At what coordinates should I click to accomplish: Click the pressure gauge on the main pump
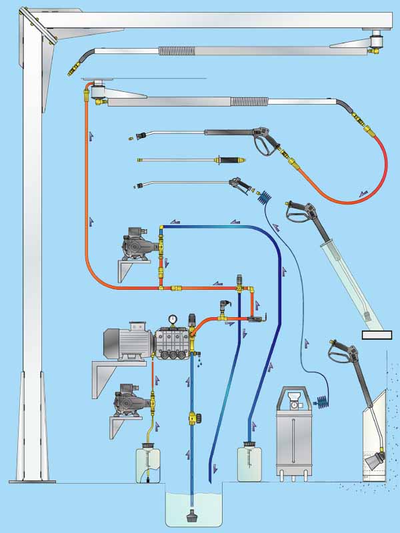173,319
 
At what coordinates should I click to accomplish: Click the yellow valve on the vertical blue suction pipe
193,418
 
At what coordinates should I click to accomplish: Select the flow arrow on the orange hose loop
363,193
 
